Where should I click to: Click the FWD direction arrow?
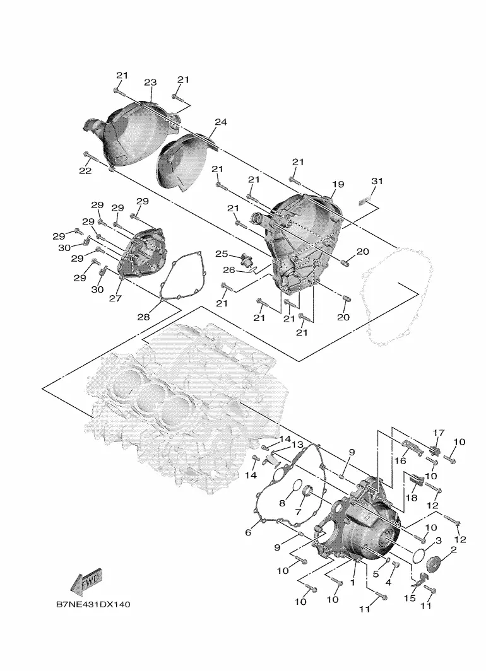click(87, 583)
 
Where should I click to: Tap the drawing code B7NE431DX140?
click(93, 604)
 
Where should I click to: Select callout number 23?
click(150, 82)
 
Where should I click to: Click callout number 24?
click(220, 122)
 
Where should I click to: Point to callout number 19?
click(338, 184)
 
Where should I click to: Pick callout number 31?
click(377, 181)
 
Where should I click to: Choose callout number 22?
click(85, 171)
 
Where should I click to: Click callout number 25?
click(222, 254)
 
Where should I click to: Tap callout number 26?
click(229, 270)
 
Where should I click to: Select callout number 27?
click(115, 298)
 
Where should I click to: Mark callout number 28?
click(143, 317)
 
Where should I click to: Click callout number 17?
click(439, 433)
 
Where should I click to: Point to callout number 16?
click(400, 461)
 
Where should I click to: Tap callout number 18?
click(411, 498)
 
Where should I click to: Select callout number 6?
click(248, 533)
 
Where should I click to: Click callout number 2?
click(453, 549)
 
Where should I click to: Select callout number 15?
click(410, 597)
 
